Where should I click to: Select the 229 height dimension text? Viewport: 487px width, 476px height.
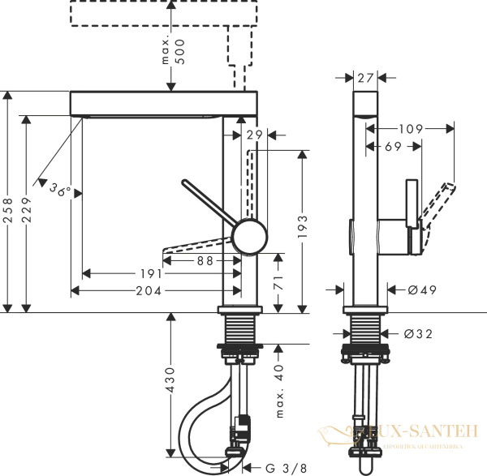[x=28, y=213]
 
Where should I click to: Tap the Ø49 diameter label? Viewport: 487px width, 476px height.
[x=411, y=289]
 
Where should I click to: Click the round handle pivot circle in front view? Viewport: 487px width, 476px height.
[x=248, y=238]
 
